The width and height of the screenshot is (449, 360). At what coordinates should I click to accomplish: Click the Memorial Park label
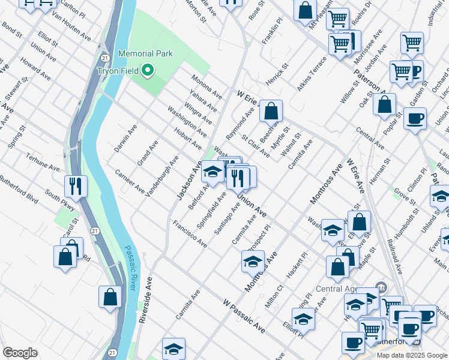pos(145,53)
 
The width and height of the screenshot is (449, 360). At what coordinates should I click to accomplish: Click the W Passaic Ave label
pos(243,316)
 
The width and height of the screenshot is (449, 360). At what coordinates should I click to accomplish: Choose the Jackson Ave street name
pos(188,180)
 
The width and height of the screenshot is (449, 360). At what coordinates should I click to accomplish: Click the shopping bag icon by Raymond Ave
pos(271,111)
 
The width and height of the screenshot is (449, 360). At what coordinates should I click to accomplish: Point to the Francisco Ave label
pos(190,234)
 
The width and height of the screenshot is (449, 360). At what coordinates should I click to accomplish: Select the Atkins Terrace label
pos(312,74)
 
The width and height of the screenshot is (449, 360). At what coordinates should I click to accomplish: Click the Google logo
pos(20,353)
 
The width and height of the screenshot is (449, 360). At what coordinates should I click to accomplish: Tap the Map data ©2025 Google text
pos(412,355)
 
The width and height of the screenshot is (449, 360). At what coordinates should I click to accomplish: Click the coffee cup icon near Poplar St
pos(415,119)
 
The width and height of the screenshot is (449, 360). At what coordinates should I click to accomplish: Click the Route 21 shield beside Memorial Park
pos(105,58)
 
